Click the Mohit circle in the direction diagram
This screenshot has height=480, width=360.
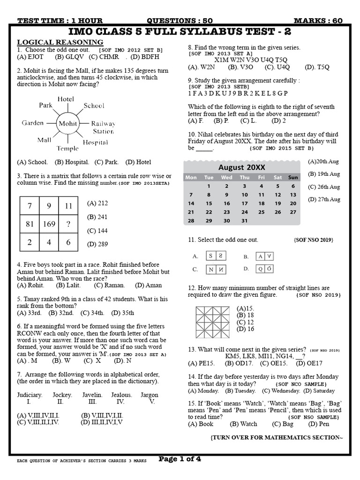(68, 123)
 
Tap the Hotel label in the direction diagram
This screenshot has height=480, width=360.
(66, 99)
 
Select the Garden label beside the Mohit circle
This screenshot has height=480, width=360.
(32, 123)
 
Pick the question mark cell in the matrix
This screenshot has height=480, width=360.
(69, 224)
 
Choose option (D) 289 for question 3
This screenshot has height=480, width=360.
(97, 244)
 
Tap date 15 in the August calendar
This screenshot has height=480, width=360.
(209, 203)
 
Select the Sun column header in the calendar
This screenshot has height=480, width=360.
(293, 177)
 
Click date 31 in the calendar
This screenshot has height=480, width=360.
(244, 220)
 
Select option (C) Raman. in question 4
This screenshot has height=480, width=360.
(109, 285)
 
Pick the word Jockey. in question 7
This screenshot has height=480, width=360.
(62, 395)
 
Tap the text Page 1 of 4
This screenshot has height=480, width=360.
(180, 459)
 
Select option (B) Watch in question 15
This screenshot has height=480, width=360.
(243, 424)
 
